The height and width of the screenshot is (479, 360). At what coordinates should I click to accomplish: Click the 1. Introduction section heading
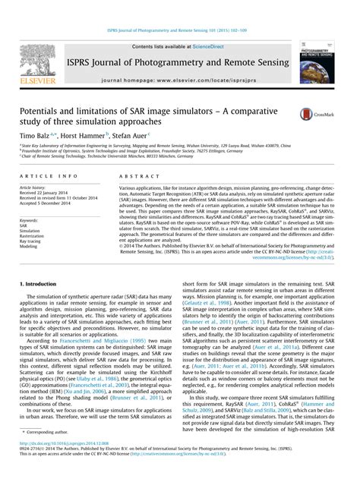point(45,282)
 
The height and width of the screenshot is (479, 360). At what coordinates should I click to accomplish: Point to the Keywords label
point(30,220)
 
